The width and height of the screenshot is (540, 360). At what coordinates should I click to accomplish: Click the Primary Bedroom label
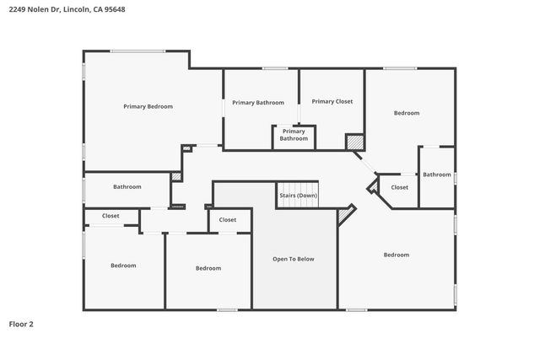(148, 106)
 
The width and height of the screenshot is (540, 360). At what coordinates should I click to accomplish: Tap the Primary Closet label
(332, 101)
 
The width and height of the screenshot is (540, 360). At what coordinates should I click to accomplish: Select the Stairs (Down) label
(298, 196)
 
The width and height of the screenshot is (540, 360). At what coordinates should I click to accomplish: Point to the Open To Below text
(293, 259)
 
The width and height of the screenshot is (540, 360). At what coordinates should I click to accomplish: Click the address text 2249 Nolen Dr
(34, 9)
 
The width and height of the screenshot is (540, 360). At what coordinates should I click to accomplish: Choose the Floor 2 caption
(21, 323)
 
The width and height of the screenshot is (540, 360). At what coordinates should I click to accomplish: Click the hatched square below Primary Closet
(354, 142)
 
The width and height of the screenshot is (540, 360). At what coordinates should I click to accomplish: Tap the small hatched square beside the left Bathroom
(176, 176)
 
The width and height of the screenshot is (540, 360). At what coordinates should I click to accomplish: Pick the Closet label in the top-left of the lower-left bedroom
(111, 216)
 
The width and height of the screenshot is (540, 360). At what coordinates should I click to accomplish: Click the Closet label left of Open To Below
(228, 220)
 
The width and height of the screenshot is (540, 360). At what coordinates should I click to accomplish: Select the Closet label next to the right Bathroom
(399, 187)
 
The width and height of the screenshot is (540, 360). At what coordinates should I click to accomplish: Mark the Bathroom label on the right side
(437, 175)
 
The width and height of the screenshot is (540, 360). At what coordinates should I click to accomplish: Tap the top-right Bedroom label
(407, 112)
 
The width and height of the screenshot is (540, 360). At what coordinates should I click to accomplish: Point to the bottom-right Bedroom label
(396, 255)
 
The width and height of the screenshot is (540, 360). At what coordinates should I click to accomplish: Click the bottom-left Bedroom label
(123, 266)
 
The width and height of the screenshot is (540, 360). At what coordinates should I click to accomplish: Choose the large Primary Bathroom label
(256, 102)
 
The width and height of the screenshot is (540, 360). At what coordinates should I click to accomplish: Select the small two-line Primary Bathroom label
(294, 135)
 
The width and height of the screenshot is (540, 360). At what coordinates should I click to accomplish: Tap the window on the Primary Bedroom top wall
(138, 51)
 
